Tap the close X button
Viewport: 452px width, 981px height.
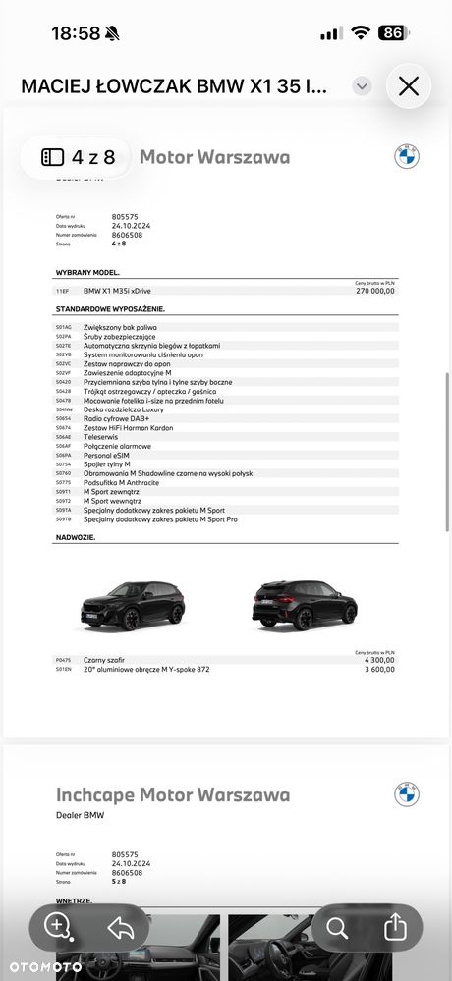coord(409,86)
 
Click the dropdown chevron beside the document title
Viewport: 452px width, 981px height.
coord(363,86)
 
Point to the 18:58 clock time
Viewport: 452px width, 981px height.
coord(76,32)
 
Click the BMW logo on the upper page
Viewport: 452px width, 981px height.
coord(407,156)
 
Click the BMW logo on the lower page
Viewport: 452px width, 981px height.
coord(407,794)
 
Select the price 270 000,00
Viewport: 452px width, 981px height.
coord(374,291)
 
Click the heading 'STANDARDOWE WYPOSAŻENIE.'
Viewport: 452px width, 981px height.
coord(110,309)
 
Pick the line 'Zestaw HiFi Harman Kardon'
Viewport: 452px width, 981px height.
coord(128,427)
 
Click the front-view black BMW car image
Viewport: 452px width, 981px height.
coord(143,602)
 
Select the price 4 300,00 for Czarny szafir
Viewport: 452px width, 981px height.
coord(380,660)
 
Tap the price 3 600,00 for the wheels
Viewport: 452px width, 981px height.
coord(380,670)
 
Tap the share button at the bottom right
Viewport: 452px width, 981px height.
coord(394,926)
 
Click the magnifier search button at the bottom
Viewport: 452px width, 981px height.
coord(337,926)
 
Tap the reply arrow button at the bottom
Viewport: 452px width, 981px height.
coord(121,926)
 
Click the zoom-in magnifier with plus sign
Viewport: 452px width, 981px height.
coord(58,926)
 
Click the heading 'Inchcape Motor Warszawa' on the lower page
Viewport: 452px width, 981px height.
coord(173,794)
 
